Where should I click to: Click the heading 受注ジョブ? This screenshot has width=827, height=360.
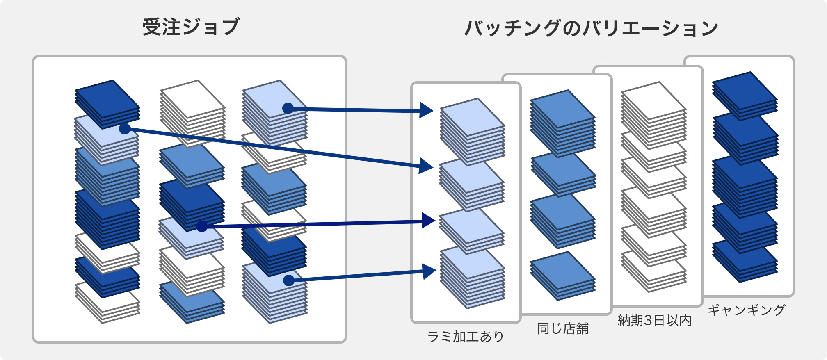click(191, 27)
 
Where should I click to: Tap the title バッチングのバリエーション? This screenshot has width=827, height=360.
click(591, 28)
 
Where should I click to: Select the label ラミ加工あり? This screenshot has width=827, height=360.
click(466, 337)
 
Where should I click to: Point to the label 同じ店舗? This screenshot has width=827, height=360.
click(563, 328)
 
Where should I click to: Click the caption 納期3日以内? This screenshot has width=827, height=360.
click(655, 320)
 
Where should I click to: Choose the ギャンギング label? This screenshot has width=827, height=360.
click(746, 310)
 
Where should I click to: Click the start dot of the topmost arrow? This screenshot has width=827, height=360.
click(288, 108)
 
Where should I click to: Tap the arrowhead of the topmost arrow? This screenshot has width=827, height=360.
click(427, 111)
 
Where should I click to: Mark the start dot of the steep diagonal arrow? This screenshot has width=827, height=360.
click(125, 129)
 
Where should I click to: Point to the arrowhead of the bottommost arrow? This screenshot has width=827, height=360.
click(429, 271)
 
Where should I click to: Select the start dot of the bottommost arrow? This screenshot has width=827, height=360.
click(289, 280)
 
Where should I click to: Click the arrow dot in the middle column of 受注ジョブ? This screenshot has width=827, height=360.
click(202, 226)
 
